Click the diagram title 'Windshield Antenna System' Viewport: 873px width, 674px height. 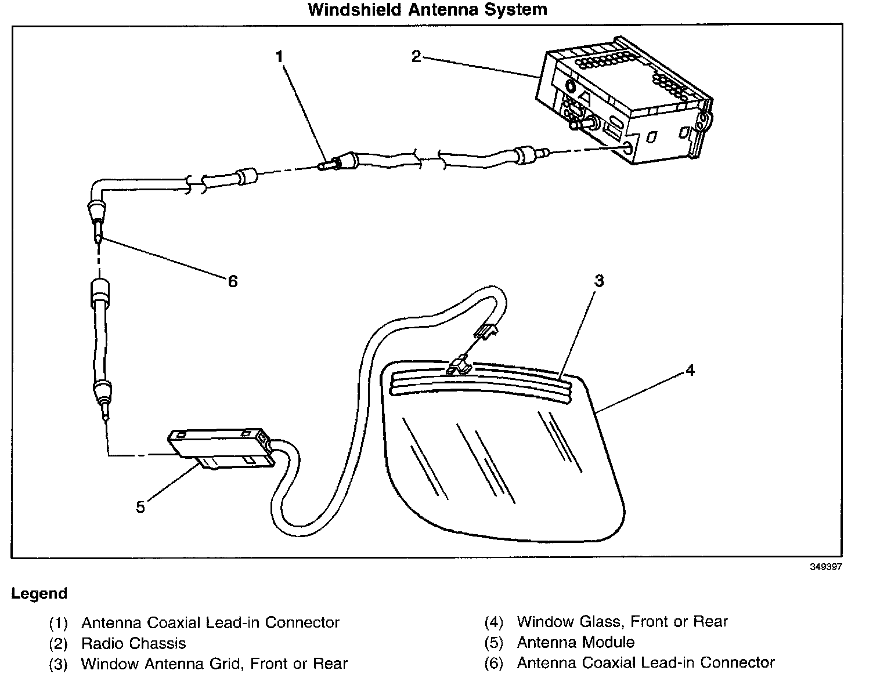[x=427, y=10]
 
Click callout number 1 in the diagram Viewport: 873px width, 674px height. [x=279, y=56]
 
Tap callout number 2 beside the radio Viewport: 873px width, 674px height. [x=416, y=56]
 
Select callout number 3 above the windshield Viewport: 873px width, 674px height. [x=599, y=281]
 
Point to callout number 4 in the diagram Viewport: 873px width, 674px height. [x=690, y=370]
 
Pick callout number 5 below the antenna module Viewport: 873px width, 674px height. [x=140, y=507]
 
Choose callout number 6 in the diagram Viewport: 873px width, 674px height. [x=232, y=281]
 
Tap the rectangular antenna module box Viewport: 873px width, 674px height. [x=218, y=447]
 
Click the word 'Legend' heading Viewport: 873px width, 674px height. [x=39, y=594]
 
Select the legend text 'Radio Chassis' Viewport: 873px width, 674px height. [x=134, y=643]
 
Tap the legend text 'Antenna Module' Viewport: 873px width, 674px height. [x=575, y=643]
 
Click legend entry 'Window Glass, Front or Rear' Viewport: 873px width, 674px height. [x=622, y=622]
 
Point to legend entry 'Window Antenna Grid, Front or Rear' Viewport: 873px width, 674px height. [x=214, y=664]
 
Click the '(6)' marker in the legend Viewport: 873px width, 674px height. [x=493, y=664]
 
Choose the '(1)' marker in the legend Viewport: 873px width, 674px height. [x=58, y=624]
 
